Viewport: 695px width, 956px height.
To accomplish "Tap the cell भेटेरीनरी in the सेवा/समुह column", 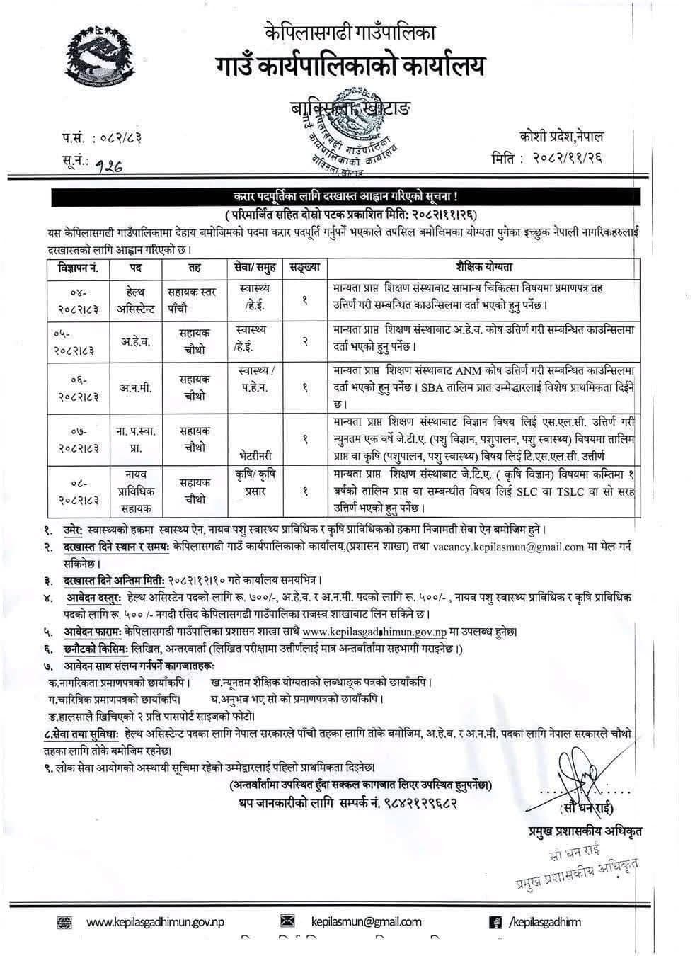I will (256, 448).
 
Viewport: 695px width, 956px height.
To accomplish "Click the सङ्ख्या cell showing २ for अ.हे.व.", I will (304, 341).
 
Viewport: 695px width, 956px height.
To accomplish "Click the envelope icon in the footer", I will (287, 921).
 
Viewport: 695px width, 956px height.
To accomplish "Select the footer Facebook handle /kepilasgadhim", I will (545, 921).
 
